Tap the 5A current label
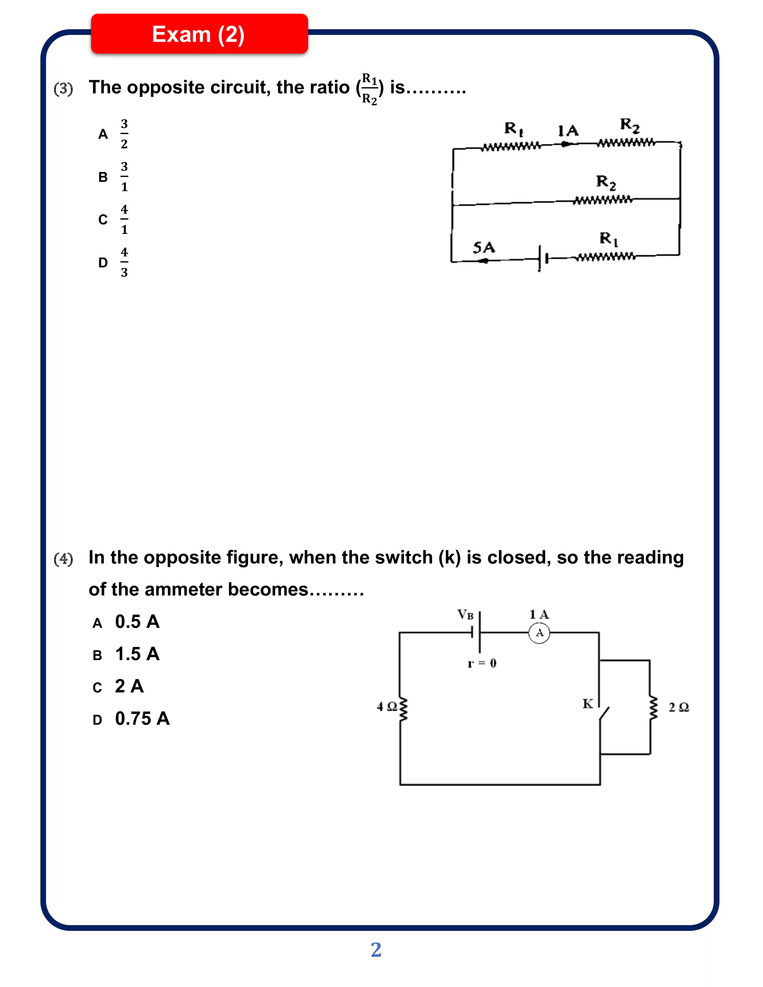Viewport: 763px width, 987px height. click(484, 247)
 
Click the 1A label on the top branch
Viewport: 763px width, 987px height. click(568, 131)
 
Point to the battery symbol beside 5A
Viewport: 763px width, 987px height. click(542, 258)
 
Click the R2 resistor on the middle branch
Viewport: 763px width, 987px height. click(603, 200)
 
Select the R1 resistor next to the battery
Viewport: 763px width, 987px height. click(606, 257)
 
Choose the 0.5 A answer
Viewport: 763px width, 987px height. click(137, 622)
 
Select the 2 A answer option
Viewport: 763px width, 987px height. click(129, 686)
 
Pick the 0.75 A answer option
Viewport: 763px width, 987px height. click(142, 718)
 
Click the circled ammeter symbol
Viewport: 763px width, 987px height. click(539, 633)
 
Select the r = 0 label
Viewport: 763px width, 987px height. click(482, 663)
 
